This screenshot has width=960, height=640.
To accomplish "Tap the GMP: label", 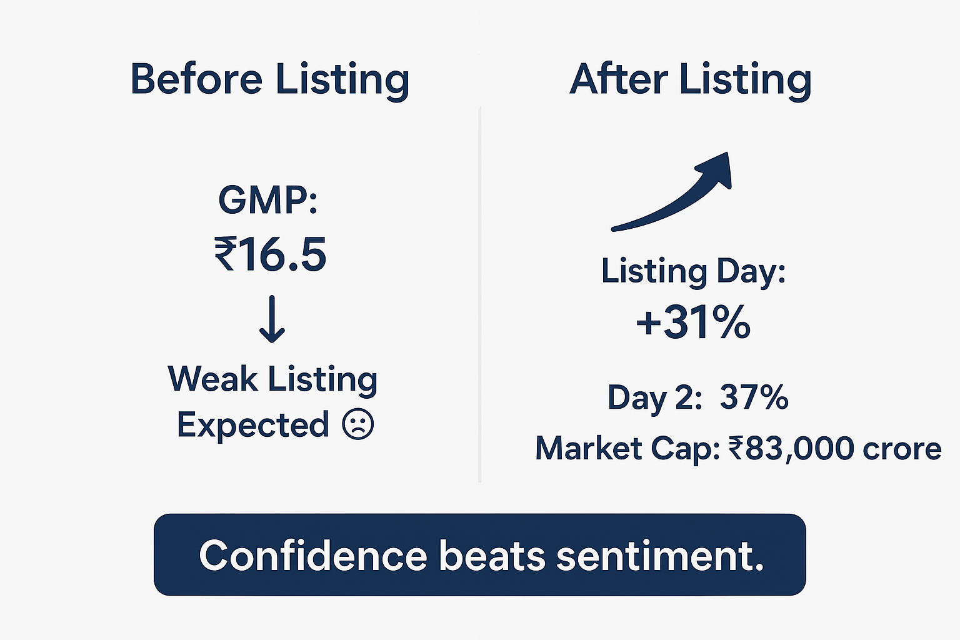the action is pos(268,200).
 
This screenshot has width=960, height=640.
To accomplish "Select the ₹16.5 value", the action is pos(271,254).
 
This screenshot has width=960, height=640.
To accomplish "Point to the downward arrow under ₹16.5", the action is pos(272,319).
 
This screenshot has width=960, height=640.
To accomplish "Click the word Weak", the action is pos(213,379).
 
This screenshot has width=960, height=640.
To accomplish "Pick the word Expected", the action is pos(253,424).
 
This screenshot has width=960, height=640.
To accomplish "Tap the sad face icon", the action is pos(358,424).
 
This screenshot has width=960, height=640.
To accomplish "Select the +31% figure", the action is pos(693,322).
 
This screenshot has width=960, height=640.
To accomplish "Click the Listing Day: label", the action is pos(693,271).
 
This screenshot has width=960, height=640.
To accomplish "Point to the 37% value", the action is pos(754,397).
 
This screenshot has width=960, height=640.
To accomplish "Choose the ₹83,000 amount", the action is pos(792,449).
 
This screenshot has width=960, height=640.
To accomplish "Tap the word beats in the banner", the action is pos(492,556).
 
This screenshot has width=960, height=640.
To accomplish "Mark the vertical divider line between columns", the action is pos(479,295).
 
